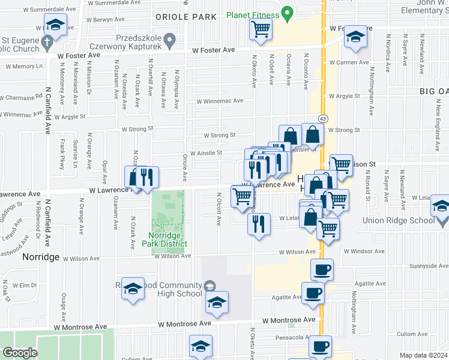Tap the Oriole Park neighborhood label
(x=185, y=16)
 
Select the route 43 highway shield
(x=323, y=118)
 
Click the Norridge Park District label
(x=164, y=239)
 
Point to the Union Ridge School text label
(x=398, y=220)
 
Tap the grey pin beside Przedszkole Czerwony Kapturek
(x=170, y=41)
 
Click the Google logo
(x=20, y=353)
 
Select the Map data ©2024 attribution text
(x=423, y=355)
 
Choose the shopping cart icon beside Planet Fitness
(x=261, y=29)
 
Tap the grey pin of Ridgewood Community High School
(x=209, y=285)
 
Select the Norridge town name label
(x=41, y=257)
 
